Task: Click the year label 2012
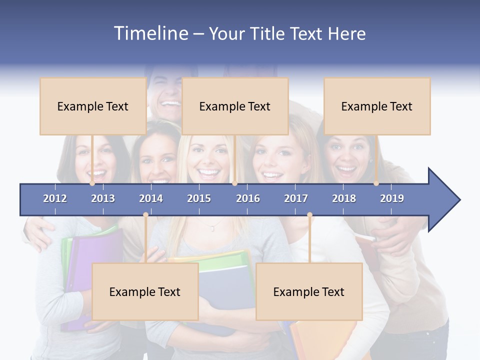coord(55,198)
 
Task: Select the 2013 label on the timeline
coord(103,198)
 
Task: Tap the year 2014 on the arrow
coord(151,198)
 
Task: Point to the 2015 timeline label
coord(199,198)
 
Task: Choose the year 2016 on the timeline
coord(248,198)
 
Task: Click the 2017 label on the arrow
coord(296,198)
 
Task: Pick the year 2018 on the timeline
coord(344,198)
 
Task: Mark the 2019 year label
coord(392,198)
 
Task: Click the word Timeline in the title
coord(150,33)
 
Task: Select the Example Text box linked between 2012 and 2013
coord(93,106)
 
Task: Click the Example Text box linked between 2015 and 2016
coord(235,106)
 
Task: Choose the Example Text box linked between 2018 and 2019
coord(377,106)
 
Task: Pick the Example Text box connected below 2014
coord(145,291)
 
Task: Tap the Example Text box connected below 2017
coord(309,291)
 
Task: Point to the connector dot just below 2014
coord(145,215)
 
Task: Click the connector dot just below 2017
coord(309,215)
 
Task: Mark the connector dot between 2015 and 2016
coord(235,183)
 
